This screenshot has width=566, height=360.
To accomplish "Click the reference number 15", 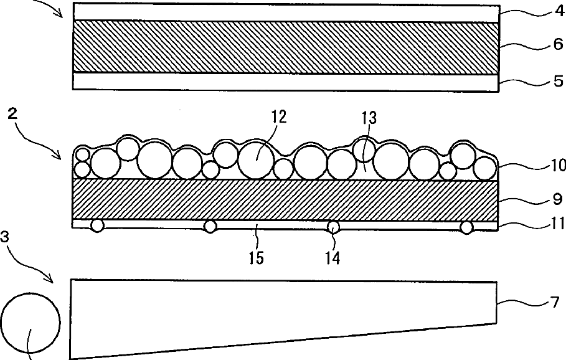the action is pyautogui.click(x=257, y=257).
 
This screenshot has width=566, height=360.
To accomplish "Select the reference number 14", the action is pyautogui.click(x=332, y=257).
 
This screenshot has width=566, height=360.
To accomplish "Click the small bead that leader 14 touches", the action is pyautogui.click(x=334, y=227).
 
